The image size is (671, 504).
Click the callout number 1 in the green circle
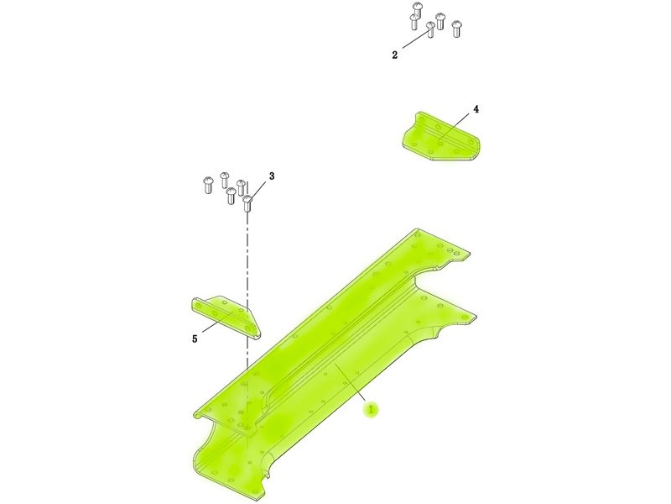point(371,409)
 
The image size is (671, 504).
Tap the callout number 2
point(394,55)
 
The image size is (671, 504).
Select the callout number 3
point(272,176)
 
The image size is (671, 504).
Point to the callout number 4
point(476,109)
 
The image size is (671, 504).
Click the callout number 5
point(195,339)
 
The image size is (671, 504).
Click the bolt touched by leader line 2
point(430,30)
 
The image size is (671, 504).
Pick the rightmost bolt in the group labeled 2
point(456,29)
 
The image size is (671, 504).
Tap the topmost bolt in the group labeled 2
point(417,9)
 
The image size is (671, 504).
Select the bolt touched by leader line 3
point(247,203)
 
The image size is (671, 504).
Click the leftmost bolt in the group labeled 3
point(207,186)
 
